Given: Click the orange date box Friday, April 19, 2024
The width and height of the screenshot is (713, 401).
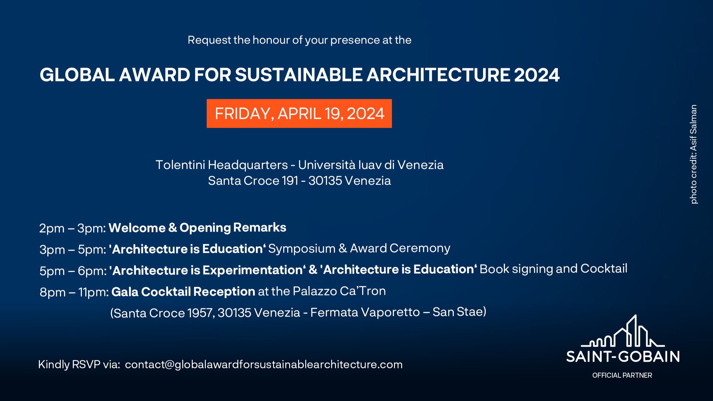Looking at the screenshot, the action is (299, 113).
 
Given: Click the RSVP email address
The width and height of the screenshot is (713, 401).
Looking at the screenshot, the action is (264, 364).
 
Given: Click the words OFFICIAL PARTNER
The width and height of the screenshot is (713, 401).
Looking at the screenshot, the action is (622, 375).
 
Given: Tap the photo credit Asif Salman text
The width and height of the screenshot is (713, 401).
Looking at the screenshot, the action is (694, 154).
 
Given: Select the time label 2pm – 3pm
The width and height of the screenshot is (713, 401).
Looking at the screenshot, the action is (72, 228).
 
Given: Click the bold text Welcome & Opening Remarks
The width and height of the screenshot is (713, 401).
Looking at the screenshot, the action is (197, 227).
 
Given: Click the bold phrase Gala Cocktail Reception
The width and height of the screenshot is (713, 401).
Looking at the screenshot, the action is (183, 291).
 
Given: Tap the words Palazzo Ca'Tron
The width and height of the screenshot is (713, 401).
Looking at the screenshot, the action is (339, 291).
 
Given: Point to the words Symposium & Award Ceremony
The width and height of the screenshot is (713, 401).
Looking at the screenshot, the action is (359, 249).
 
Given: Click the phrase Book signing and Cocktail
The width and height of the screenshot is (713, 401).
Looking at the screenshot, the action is (553, 269).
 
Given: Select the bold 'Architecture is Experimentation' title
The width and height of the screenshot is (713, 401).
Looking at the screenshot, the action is (208, 270).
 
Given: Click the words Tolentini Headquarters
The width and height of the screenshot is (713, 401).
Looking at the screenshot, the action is (222, 165).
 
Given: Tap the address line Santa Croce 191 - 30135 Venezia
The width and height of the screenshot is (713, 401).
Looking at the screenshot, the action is (299, 181).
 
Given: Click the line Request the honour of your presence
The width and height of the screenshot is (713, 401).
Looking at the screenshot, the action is (299, 40).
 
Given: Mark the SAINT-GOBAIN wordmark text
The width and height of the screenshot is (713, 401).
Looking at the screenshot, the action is (623, 357).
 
